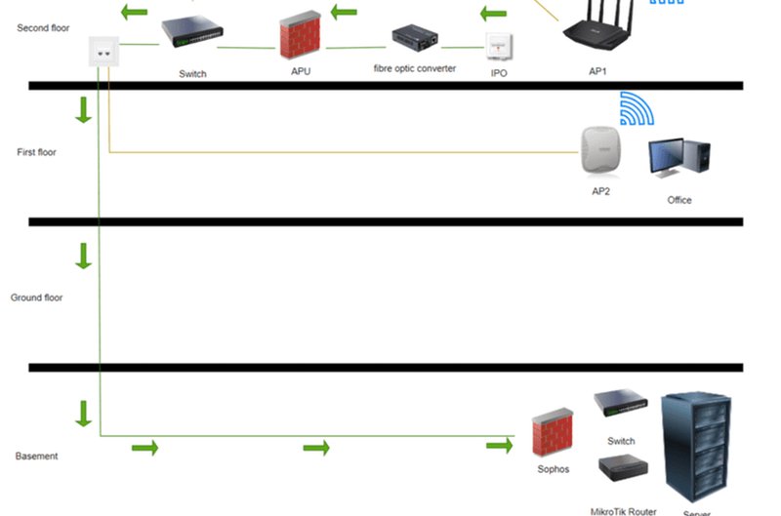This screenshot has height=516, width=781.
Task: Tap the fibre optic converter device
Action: point(415,39)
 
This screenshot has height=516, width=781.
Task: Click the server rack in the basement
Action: point(698,447)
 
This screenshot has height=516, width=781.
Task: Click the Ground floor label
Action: point(36,298)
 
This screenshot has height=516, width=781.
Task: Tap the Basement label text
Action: point(37,456)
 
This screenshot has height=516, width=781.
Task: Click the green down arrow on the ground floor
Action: point(84,257)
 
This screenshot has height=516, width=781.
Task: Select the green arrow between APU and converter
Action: point(345,13)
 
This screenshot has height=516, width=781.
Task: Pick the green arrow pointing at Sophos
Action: point(500,447)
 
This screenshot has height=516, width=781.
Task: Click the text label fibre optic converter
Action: point(415,69)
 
